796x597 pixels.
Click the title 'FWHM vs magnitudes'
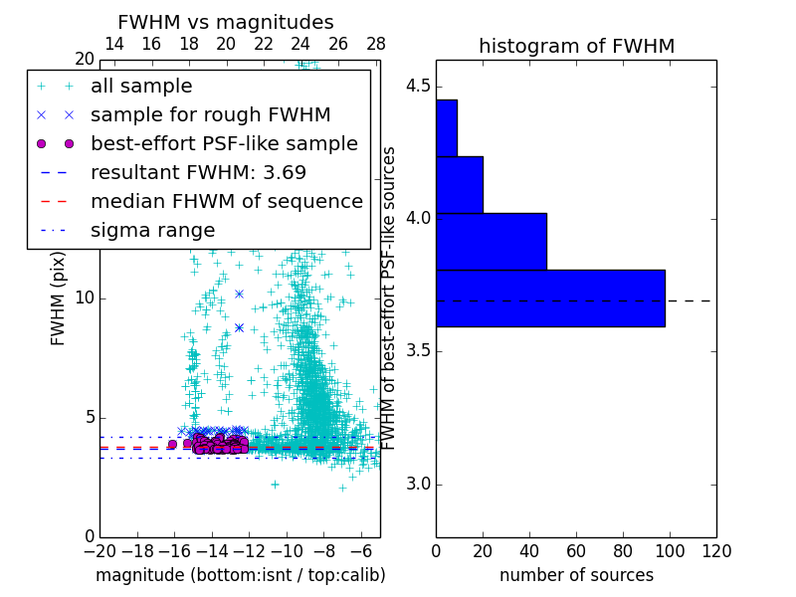click(226, 22)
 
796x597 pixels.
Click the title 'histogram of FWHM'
click(576, 46)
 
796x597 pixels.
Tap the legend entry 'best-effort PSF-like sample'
click(224, 143)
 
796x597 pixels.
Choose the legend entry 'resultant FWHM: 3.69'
click(198, 172)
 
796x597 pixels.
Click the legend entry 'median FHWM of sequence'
click(226, 201)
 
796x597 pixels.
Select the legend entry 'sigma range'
click(152, 230)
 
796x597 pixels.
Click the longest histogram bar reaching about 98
click(550, 298)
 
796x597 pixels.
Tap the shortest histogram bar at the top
click(447, 127)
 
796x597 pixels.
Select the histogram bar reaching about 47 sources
click(492, 241)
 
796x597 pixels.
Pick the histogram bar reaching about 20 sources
click(460, 184)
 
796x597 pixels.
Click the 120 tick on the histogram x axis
click(716, 551)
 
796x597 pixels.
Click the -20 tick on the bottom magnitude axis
click(99, 551)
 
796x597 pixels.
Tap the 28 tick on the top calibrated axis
click(376, 44)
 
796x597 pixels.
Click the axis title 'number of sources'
click(576, 575)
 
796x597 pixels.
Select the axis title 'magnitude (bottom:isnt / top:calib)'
click(240, 575)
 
